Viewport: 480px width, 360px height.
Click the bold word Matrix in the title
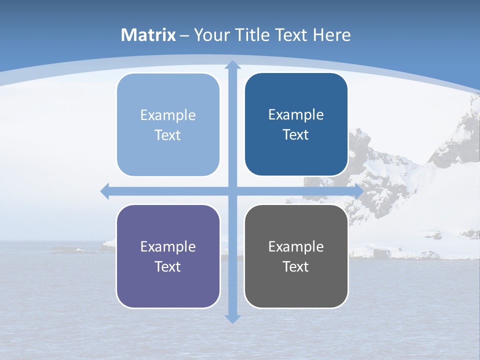click(148, 35)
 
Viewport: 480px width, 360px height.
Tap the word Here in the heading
click(331, 35)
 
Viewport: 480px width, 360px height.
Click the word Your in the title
click(210, 35)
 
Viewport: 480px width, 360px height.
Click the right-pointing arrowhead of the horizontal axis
click(359, 191)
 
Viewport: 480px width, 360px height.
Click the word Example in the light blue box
click(168, 115)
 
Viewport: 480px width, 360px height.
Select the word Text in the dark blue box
click(296, 135)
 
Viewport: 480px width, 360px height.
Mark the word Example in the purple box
click(168, 246)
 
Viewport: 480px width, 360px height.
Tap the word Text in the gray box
click(296, 266)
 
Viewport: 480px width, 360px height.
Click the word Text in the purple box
click(168, 266)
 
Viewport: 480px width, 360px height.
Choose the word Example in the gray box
click(296, 246)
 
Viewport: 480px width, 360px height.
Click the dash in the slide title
click(184, 35)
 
